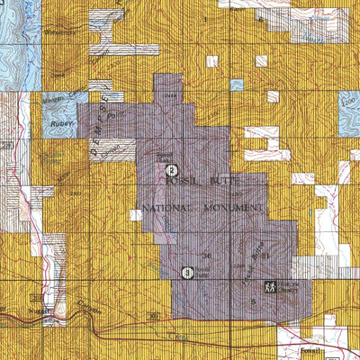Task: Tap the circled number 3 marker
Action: click(187, 273)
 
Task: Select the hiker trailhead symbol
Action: click(269, 286)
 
